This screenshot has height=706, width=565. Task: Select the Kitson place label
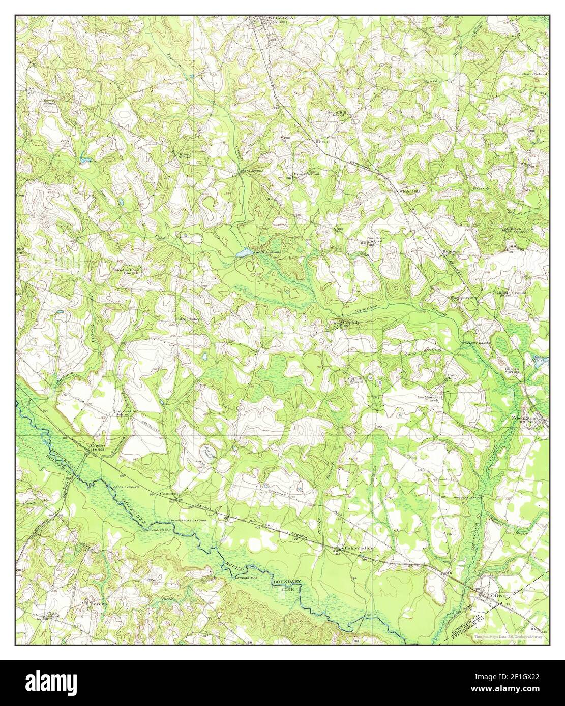(322, 142)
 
